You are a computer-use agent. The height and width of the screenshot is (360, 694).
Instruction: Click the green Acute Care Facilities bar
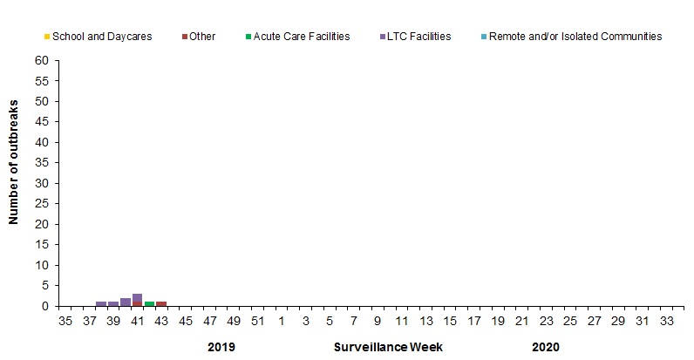(x=149, y=303)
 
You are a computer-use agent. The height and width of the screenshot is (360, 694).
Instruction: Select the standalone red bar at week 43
(x=161, y=303)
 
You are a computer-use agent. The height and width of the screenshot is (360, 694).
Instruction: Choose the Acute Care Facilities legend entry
(x=296, y=37)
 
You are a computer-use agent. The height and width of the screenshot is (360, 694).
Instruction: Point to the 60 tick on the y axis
(x=41, y=61)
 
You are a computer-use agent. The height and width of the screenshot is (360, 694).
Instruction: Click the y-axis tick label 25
(x=41, y=204)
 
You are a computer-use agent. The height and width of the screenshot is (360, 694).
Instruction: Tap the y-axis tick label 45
(x=41, y=122)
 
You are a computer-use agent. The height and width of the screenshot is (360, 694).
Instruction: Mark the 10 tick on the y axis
(x=41, y=265)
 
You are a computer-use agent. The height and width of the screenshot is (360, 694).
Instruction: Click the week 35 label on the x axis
(x=65, y=321)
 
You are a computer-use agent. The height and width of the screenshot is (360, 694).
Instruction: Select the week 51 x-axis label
(x=257, y=321)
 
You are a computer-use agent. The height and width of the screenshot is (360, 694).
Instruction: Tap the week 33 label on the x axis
(x=666, y=321)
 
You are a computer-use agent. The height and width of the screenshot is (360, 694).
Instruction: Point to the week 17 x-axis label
(x=473, y=321)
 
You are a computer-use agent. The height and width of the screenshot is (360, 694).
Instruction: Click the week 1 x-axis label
(x=282, y=321)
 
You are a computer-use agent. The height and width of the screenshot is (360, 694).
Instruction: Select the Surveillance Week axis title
(x=388, y=347)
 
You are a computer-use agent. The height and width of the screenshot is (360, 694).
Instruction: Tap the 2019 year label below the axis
(x=221, y=347)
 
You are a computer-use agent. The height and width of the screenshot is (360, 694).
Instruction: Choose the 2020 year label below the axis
(x=545, y=347)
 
